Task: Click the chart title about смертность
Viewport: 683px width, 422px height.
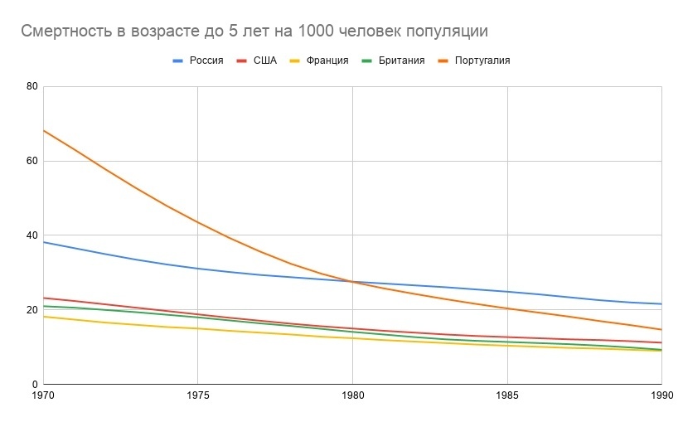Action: point(254,32)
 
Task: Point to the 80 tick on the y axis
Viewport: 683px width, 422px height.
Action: point(32,86)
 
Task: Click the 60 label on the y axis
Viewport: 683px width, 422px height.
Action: point(32,161)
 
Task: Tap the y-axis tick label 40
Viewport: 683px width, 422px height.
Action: point(32,235)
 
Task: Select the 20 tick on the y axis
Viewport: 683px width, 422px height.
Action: point(32,310)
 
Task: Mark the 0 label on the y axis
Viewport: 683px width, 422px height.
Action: point(36,385)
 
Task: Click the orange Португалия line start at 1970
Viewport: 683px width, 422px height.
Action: point(43,130)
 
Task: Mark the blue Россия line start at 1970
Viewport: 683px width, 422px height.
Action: point(43,242)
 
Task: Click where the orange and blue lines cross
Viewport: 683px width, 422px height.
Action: point(352,282)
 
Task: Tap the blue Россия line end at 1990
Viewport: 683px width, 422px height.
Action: point(661,304)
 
